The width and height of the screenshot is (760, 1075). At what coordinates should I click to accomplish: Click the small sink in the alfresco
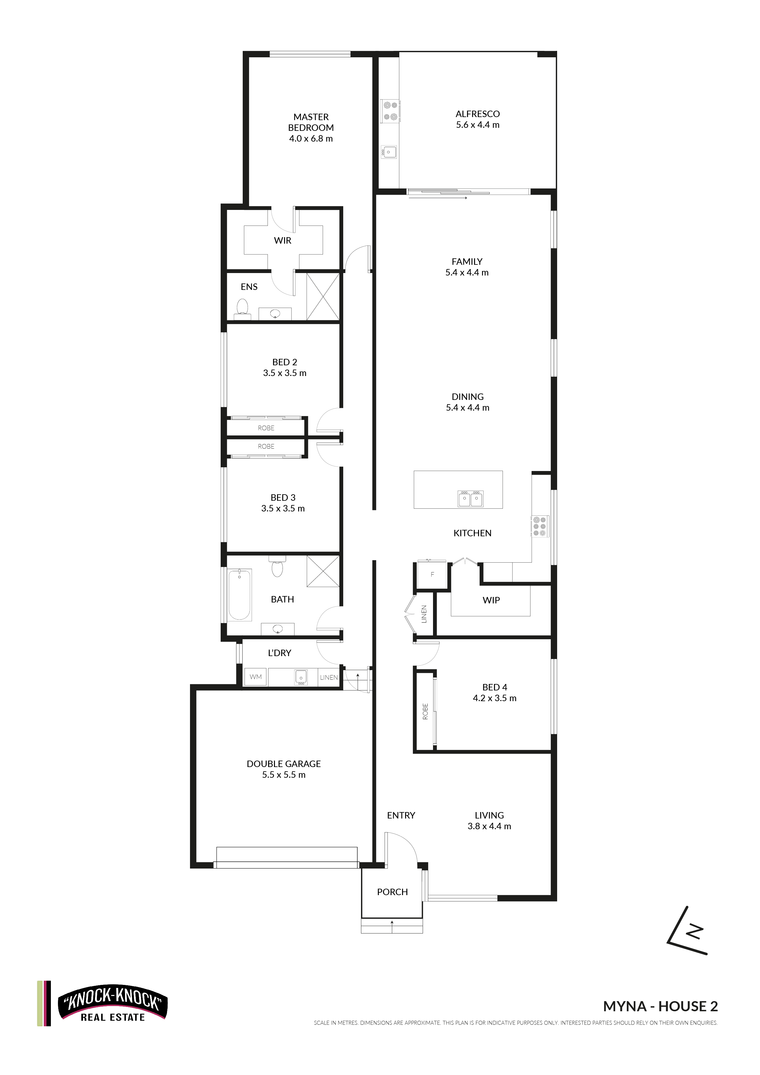389,152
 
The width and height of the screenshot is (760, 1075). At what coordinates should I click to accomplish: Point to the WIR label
282,241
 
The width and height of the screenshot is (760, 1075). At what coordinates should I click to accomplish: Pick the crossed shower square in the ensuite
323,297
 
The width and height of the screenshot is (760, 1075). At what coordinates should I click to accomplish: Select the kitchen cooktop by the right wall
540,526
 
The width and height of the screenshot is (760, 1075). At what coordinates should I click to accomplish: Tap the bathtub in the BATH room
240,594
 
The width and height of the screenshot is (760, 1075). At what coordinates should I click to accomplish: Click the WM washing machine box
256,677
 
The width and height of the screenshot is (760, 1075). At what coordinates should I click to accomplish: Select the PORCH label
392,892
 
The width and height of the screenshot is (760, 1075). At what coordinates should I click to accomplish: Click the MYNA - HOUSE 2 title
660,1006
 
